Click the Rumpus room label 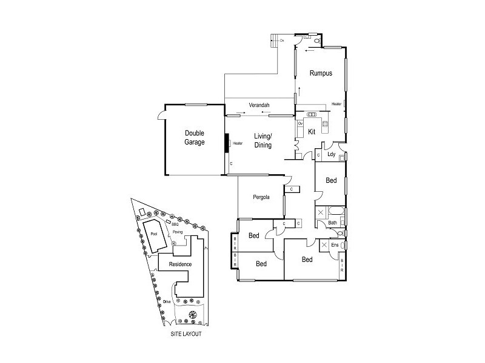321,73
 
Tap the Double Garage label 195,137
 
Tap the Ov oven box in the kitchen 300,123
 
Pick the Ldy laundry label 331,154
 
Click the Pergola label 262,197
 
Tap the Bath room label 332,223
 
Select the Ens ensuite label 334,245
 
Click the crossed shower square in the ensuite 324,244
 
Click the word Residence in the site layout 180,265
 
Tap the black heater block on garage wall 227,143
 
